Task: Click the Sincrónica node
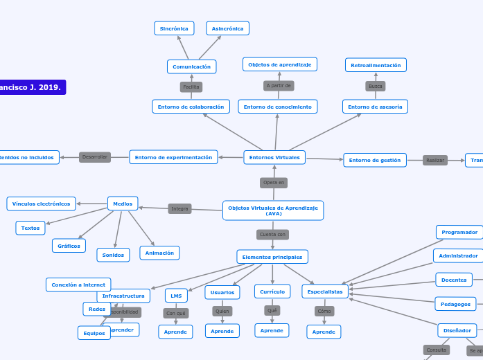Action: coord(174,28)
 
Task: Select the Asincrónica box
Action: coord(228,28)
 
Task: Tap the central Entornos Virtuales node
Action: coord(274,157)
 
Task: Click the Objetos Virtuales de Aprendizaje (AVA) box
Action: coord(273,210)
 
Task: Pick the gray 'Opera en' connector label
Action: coord(274,183)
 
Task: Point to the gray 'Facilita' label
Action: coord(191,87)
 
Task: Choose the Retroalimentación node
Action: coord(376,65)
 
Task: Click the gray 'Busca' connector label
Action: coord(376,87)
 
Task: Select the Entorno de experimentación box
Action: coord(173,157)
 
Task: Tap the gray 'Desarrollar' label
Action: coord(95,157)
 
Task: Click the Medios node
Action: coord(123,204)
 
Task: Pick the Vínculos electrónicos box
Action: coord(41,204)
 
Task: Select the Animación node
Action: coord(159,253)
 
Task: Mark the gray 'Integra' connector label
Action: coord(179,208)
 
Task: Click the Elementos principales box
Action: coord(272,257)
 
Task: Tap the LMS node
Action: coord(176,296)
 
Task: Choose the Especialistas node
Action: coord(325,291)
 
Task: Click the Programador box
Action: coord(459,232)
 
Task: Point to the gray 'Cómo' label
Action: coord(324,312)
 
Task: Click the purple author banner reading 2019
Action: coord(33,88)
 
